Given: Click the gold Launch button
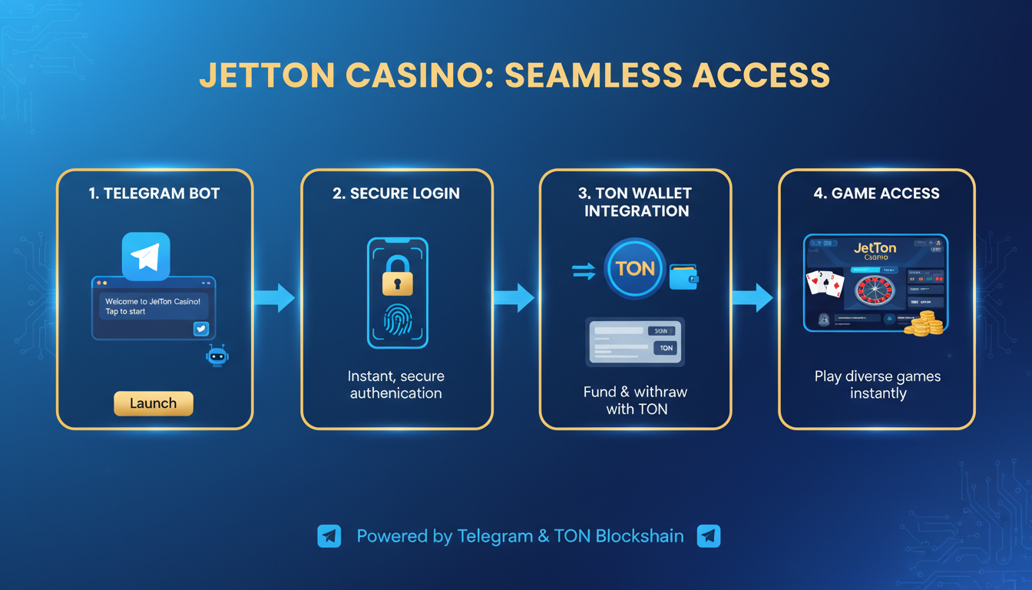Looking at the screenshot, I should click(154, 403).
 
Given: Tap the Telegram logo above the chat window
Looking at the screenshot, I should click(146, 257).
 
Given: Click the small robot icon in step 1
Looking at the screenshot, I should click(218, 356).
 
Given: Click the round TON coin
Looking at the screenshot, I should click(635, 268).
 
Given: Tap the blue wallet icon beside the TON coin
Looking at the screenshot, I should click(683, 277).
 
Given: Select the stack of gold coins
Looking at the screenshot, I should click(923, 323).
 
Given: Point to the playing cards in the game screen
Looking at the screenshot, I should click(825, 284).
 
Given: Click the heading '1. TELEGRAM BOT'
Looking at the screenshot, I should click(154, 194).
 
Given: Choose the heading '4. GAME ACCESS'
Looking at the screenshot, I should click(876, 194).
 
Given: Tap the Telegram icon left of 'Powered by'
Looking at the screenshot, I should click(329, 536).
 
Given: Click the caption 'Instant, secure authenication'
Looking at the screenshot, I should click(396, 385).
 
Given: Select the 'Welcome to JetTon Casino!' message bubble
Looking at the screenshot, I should click(154, 307).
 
